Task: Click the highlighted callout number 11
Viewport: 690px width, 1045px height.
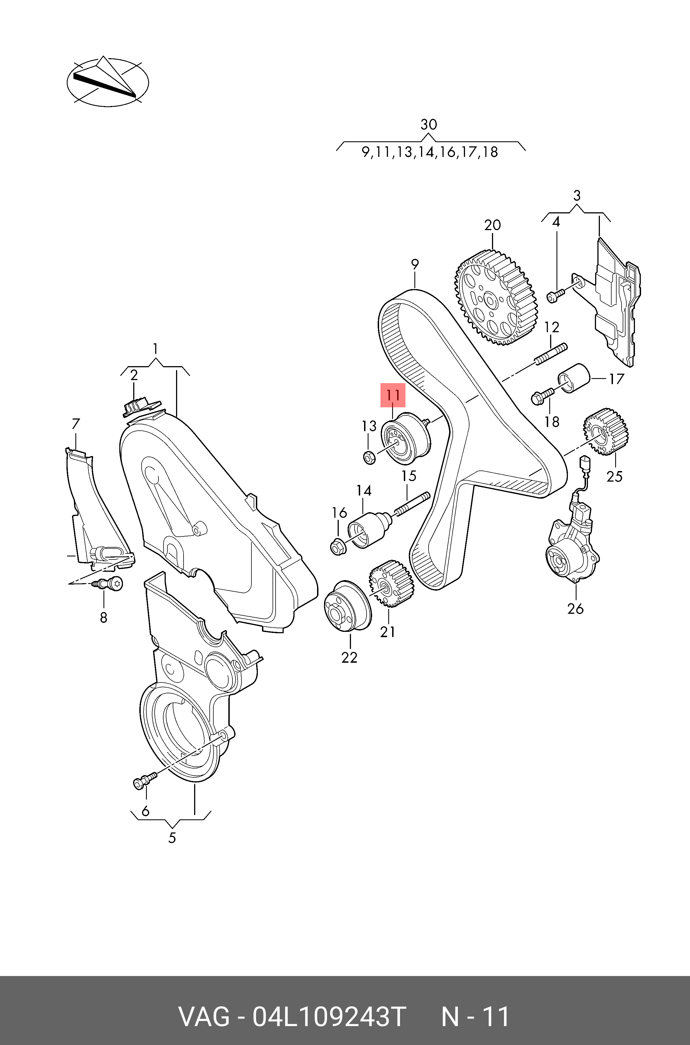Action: [x=392, y=395]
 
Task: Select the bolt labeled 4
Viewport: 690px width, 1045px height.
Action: [x=555, y=295]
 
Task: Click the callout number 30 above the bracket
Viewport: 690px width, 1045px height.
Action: [x=429, y=125]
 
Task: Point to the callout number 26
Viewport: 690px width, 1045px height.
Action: [x=575, y=609]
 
